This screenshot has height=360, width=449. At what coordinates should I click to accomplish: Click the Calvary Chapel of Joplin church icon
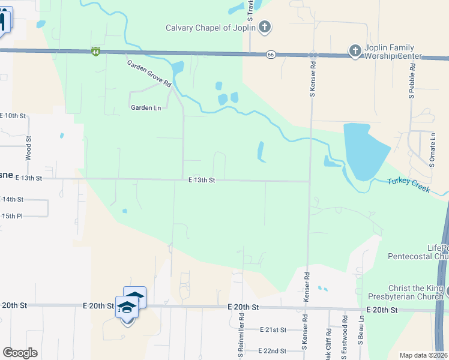click(265, 27)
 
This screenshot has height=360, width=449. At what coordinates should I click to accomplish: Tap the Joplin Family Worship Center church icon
click(355, 50)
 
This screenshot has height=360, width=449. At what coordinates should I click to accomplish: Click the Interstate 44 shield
click(95, 52)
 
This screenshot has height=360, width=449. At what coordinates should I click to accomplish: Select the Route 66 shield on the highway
click(271, 55)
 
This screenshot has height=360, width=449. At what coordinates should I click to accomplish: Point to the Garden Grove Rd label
click(149, 74)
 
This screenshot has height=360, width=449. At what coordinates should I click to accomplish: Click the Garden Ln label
click(146, 108)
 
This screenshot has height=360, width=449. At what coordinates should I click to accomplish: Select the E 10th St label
click(13, 115)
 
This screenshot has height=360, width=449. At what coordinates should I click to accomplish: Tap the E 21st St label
click(273, 329)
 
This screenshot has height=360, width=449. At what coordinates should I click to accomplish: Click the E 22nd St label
click(272, 350)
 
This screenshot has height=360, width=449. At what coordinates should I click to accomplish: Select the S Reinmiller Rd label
click(240, 344)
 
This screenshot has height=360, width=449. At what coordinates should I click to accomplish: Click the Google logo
click(20, 353)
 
